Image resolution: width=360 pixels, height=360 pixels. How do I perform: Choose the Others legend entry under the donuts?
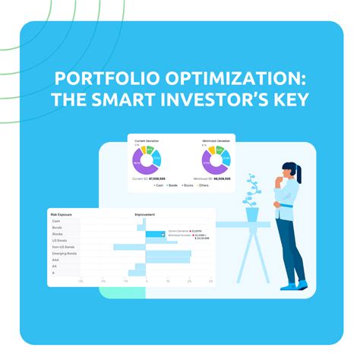(x=204, y=185)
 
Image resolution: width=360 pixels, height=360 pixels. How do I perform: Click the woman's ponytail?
(x=298, y=175)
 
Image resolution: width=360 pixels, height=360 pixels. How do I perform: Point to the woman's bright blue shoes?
(x=294, y=284)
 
